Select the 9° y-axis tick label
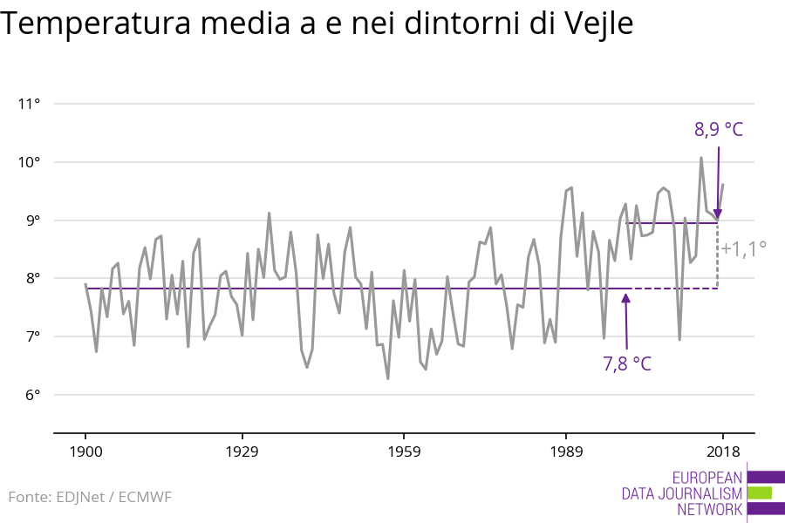(x=32, y=221)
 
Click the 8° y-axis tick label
(x=32, y=279)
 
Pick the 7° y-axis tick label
(x=32, y=336)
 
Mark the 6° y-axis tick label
(x=32, y=395)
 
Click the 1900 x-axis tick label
(x=85, y=452)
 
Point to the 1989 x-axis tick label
(x=566, y=452)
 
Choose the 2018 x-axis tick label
(x=722, y=452)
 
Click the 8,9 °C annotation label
(x=719, y=131)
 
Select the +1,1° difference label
(x=743, y=248)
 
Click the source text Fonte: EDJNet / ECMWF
(x=90, y=497)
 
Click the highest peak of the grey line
(x=701, y=158)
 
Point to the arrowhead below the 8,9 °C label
(x=718, y=214)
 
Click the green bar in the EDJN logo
(x=760, y=492)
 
